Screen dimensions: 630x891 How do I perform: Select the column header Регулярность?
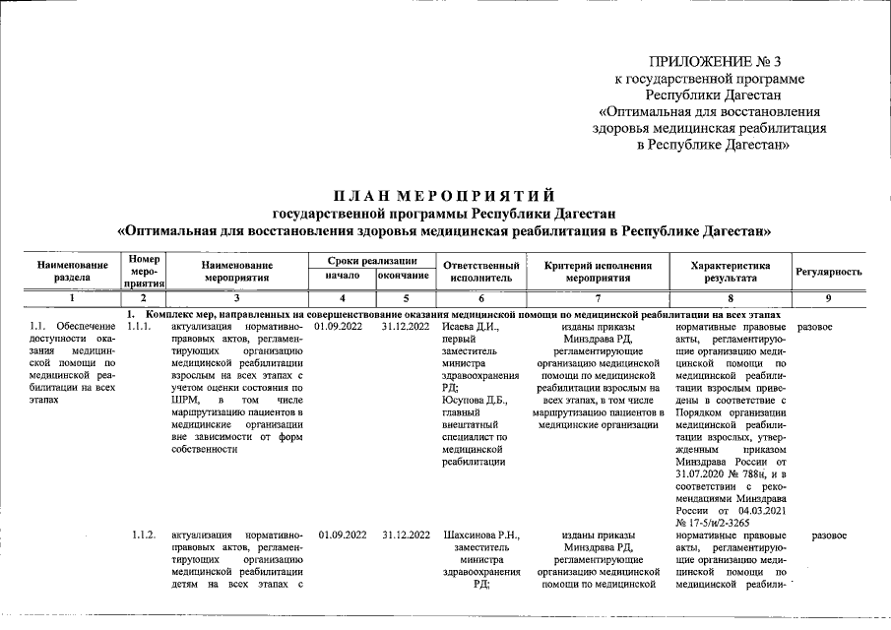click(829, 272)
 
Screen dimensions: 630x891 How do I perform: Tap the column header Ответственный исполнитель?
click(481, 272)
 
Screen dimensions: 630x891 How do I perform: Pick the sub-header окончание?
click(404, 277)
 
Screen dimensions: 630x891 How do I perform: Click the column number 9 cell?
click(829, 297)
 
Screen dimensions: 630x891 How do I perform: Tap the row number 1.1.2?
click(143, 535)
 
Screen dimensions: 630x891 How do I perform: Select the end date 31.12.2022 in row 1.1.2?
click(406, 535)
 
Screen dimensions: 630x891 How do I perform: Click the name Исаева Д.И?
click(472, 326)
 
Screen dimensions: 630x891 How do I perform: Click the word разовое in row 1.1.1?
click(814, 326)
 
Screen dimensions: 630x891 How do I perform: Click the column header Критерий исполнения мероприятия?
click(599, 272)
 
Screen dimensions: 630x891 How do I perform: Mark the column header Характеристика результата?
click(729, 272)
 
